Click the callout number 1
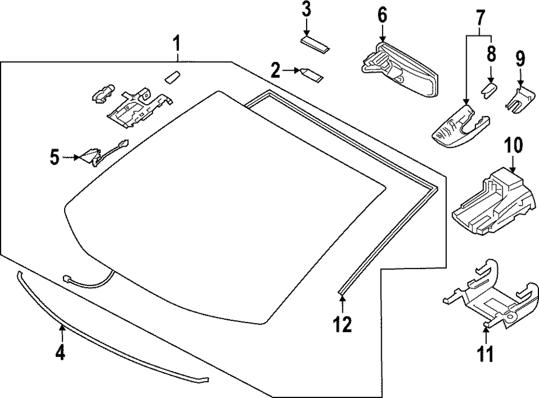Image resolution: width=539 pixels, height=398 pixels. tap(177, 43)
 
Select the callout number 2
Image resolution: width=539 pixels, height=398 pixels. tap(276, 70)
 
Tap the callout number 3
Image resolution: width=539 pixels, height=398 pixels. tap(306, 10)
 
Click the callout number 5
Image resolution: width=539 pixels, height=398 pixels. tap(54, 157)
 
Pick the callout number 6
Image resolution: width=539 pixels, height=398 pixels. tap(382, 15)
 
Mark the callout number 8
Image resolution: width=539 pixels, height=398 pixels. tap(491, 54)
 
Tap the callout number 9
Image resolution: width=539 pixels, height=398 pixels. tap(520, 57)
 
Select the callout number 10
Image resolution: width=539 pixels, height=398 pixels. tap(514, 146)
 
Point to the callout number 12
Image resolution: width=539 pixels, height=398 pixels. tap(342, 324)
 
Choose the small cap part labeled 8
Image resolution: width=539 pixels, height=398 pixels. tap(488, 90)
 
